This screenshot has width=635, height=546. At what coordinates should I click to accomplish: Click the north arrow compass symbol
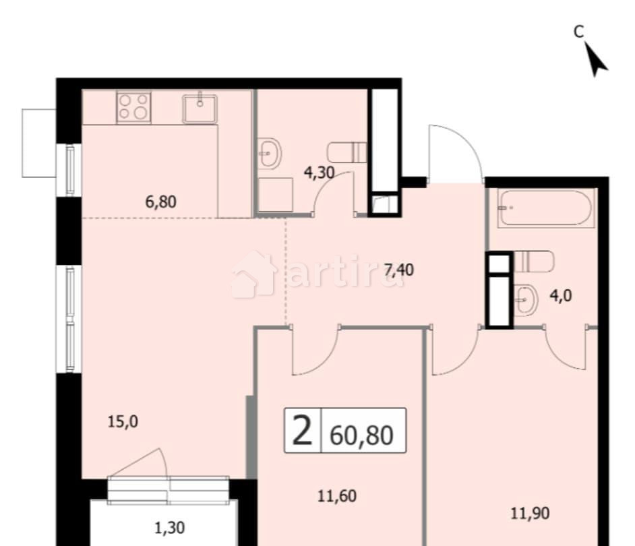tap(595, 59)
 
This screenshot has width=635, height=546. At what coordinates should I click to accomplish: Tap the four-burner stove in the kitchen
tap(133, 107)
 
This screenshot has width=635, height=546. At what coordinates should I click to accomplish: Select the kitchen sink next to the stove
tap(200, 108)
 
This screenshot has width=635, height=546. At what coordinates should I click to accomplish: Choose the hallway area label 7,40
tap(399, 270)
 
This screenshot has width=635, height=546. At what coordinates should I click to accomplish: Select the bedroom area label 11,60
tap(336, 497)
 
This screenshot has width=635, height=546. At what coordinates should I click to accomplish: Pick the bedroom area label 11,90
tap(529, 514)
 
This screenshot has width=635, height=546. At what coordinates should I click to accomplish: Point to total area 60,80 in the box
tap(362, 435)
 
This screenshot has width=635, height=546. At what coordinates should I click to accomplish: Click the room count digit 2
tap(301, 431)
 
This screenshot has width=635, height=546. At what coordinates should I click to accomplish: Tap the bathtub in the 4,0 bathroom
tap(546, 208)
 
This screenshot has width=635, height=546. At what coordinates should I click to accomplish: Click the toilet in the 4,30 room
tap(347, 152)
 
